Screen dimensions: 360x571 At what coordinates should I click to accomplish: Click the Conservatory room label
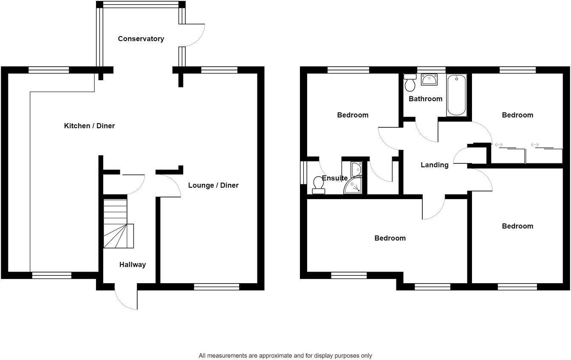[141, 39]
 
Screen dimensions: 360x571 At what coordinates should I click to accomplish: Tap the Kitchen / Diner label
[89, 126]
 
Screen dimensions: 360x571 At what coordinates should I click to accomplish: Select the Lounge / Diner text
[213, 185]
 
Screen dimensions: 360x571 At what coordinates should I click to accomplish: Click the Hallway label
[132, 264]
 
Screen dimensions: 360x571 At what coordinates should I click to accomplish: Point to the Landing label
[434, 165]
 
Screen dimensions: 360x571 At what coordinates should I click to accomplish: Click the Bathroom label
[425, 98]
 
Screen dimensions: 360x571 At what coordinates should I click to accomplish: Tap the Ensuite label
[335, 178]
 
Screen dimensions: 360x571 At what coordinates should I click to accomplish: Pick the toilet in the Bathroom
[410, 83]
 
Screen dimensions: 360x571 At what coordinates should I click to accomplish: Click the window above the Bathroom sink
[431, 70]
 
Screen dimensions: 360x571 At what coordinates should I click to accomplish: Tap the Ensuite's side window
[303, 172]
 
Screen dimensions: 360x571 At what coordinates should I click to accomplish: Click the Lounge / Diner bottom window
[216, 287]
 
